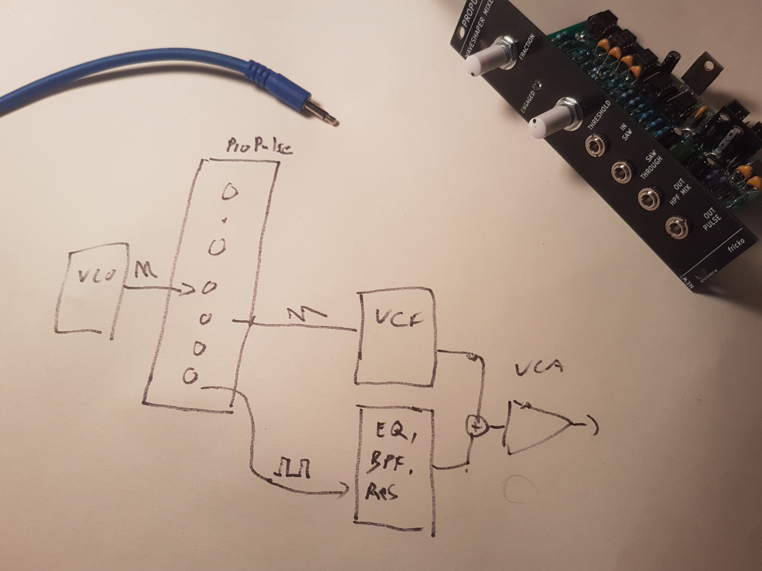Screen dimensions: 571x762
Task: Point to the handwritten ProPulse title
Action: (259, 148)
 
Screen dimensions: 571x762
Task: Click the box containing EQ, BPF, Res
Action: (394, 467)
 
